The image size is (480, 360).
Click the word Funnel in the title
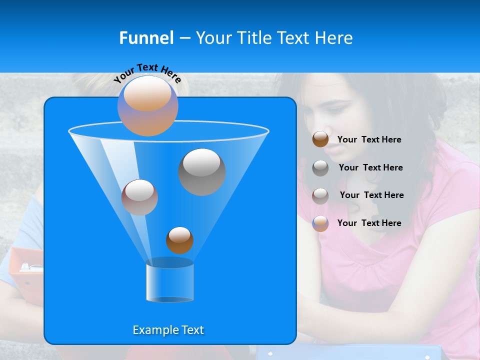(146, 38)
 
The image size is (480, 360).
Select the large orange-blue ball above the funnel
(148, 105)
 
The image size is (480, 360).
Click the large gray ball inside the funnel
(201, 171)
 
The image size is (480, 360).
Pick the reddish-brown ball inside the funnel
(139, 197)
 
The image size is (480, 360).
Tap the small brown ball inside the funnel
(179, 240)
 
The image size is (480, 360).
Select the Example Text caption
(168, 330)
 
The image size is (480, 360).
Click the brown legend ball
(320, 139)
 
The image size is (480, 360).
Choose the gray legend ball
(320, 167)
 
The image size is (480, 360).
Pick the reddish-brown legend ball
(320, 195)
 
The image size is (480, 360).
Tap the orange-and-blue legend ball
(320, 223)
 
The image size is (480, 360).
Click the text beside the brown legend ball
(369, 139)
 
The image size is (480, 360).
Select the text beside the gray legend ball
(370, 167)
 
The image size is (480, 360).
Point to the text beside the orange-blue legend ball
(369, 223)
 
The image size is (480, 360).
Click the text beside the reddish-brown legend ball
(371, 195)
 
